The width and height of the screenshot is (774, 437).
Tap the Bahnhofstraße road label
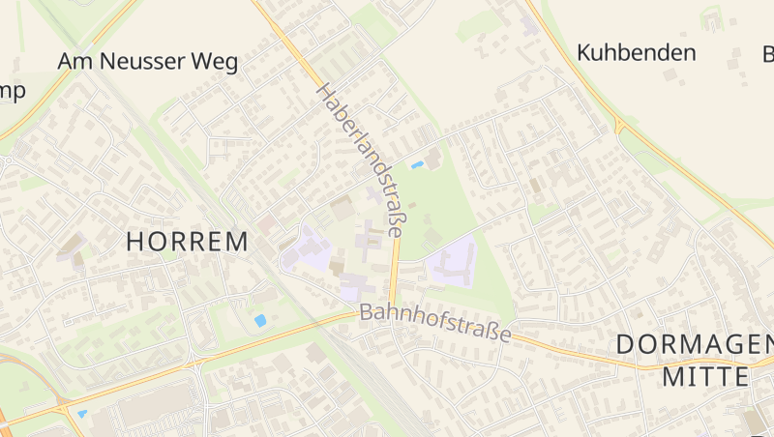pyautogui.click(x=434, y=324)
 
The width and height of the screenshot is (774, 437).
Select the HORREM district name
pyautogui.click(x=188, y=242)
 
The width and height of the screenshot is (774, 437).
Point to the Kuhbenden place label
pyautogui.click(x=636, y=52)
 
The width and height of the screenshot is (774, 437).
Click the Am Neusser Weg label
pyautogui.click(x=147, y=62)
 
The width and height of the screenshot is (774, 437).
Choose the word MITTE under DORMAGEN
pyautogui.click(x=705, y=377)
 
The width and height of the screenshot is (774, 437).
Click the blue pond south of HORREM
pyautogui.click(x=259, y=320)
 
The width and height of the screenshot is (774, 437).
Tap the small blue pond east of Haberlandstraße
pyautogui.click(x=417, y=165)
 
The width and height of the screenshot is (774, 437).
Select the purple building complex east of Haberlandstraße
pyautogui.click(x=452, y=261)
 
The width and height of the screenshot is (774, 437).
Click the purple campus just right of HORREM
pyautogui.click(x=308, y=249)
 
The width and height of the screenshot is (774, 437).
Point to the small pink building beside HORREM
pyautogui.click(x=266, y=223)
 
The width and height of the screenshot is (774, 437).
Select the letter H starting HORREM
pyautogui.click(x=136, y=242)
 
